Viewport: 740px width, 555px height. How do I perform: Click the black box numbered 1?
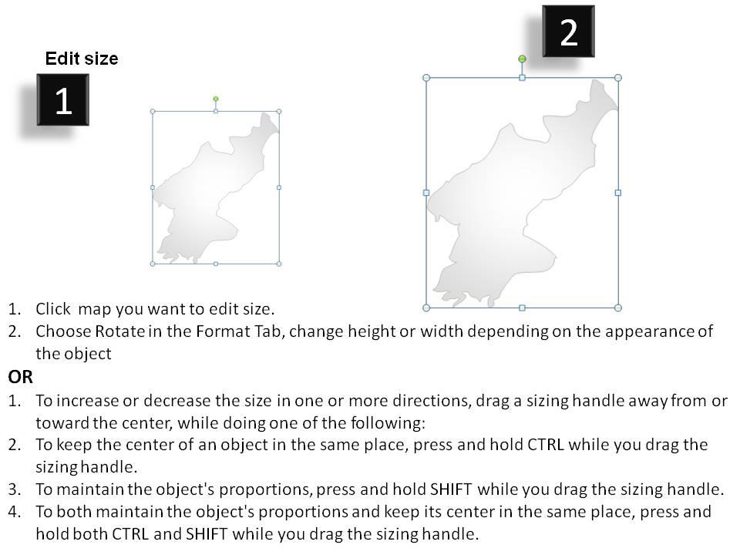pyautogui.click(x=63, y=100)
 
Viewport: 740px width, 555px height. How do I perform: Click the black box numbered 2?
pyautogui.click(x=568, y=32)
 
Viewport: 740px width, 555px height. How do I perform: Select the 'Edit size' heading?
pyautogui.click(x=82, y=59)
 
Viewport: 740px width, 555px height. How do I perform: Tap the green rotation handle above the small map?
pyautogui.click(x=216, y=99)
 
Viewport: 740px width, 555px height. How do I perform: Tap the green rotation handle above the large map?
pyautogui.click(x=522, y=59)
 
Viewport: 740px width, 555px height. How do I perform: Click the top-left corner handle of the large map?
pyautogui.click(x=426, y=78)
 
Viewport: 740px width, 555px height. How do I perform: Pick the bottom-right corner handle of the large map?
pyautogui.click(x=617, y=308)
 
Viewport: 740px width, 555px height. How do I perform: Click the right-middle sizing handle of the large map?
pyautogui.click(x=617, y=193)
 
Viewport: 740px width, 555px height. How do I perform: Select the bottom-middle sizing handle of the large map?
pyautogui.click(x=522, y=308)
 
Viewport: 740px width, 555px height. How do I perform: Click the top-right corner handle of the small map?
pyautogui.click(x=279, y=112)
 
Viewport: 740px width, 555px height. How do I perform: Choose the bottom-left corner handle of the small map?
pyautogui.click(x=153, y=264)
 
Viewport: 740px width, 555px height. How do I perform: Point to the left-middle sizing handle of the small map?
pyautogui.click(x=153, y=187)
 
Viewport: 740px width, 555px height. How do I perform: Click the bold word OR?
pyautogui.click(x=21, y=377)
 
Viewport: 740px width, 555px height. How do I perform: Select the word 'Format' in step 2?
pyautogui.click(x=208, y=332)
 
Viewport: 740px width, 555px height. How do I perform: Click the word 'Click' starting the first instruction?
pyautogui.click(x=53, y=310)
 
